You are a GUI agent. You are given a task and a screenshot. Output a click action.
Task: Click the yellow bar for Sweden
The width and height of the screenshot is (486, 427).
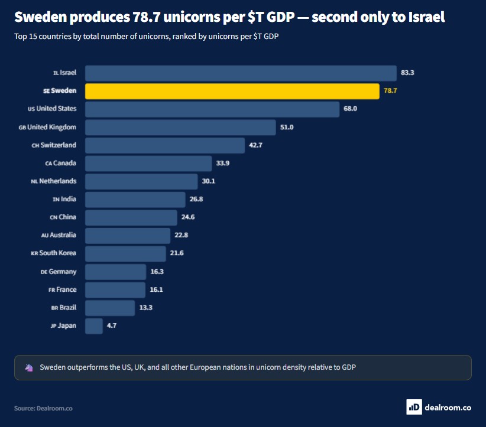232,91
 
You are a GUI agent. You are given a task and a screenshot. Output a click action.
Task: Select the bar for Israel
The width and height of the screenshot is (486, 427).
241,73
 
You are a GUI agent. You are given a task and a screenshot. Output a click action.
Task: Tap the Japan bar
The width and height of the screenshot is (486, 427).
94,326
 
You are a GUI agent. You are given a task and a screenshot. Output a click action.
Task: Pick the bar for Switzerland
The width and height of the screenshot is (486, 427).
165,145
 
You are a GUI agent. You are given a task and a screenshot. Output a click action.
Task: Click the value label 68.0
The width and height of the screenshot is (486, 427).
350,109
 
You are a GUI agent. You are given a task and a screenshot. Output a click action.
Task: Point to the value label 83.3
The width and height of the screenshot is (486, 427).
407,73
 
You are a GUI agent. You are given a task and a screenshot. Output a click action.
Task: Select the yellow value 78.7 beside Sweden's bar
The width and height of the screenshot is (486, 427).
390,90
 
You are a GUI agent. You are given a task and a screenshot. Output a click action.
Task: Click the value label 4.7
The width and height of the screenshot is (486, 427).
112,325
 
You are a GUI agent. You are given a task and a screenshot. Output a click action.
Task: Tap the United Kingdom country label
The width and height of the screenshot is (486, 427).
47,127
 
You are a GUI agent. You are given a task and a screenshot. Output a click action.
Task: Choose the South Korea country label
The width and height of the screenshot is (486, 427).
53,253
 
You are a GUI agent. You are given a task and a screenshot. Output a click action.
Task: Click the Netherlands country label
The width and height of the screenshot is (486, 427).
54,181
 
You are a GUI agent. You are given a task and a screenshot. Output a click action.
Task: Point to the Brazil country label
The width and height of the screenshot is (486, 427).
63,308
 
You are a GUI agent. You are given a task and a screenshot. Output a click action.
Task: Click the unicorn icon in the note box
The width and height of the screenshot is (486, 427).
29,367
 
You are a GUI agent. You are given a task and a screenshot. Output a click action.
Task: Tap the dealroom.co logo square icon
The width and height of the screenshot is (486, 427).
414,407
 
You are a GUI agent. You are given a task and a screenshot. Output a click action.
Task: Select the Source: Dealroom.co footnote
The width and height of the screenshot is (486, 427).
43,409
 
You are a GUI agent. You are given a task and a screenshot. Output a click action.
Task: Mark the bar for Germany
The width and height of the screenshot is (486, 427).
116,272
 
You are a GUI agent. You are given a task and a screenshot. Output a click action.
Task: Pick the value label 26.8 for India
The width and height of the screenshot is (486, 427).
196,199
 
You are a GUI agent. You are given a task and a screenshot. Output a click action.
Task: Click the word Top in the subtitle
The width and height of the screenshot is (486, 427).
21,37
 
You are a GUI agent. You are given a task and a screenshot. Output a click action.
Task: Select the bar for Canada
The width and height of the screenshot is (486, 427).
148,164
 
